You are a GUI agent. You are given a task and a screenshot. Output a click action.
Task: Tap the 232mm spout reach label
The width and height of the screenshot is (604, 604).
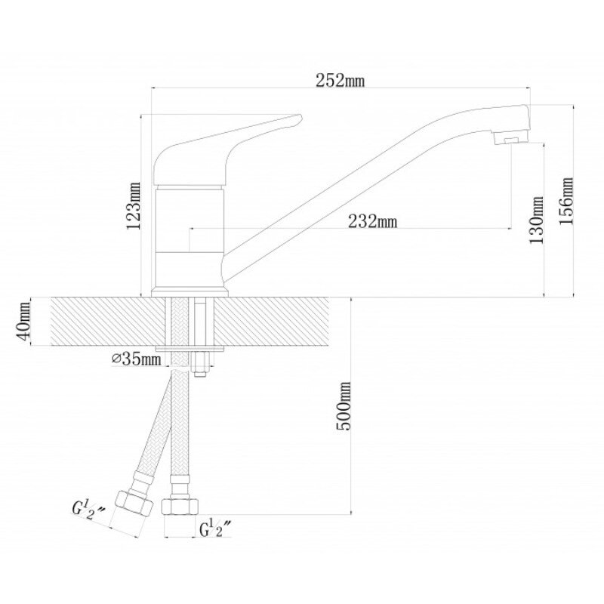(372, 221)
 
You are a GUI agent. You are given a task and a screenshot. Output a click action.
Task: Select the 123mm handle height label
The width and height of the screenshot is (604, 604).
(134, 205)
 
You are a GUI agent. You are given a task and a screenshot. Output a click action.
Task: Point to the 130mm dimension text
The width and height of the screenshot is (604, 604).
(536, 220)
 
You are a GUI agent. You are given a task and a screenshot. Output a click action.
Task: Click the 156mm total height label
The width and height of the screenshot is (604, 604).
(565, 201)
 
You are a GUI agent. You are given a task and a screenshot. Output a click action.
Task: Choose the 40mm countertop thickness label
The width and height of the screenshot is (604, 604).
(23, 322)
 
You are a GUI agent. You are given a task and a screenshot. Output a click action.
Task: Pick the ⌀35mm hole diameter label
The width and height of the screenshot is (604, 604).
(137, 359)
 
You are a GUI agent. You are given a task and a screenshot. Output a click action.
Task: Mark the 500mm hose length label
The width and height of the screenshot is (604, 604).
(344, 406)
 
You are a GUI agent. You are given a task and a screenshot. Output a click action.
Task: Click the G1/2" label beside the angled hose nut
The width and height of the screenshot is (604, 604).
(88, 511)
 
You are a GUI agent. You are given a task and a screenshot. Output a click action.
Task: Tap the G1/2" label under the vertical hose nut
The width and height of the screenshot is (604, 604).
(215, 529)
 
